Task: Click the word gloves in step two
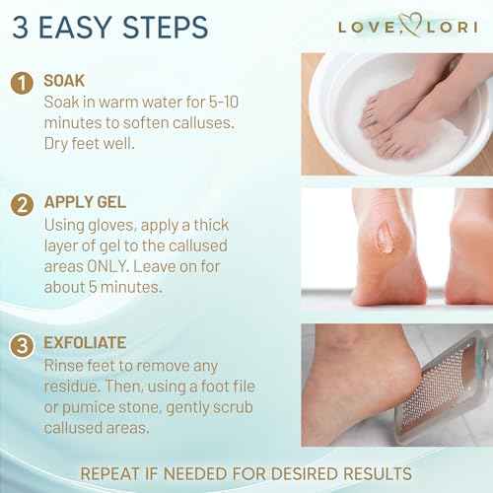click(x=122, y=226)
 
